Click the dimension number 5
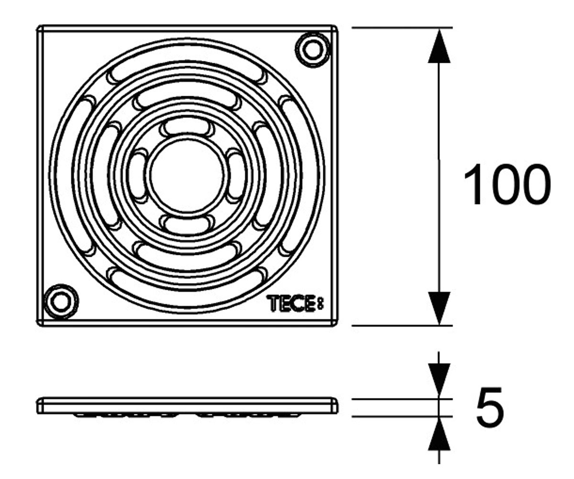click(x=490, y=408)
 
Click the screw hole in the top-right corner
click(x=312, y=50)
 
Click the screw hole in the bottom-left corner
click(x=61, y=302)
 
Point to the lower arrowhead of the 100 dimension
click(x=439, y=308)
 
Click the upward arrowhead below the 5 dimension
click(x=439, y=433)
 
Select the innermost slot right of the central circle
click(x=236, y=175)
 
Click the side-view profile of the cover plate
click(x=188, y=407)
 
